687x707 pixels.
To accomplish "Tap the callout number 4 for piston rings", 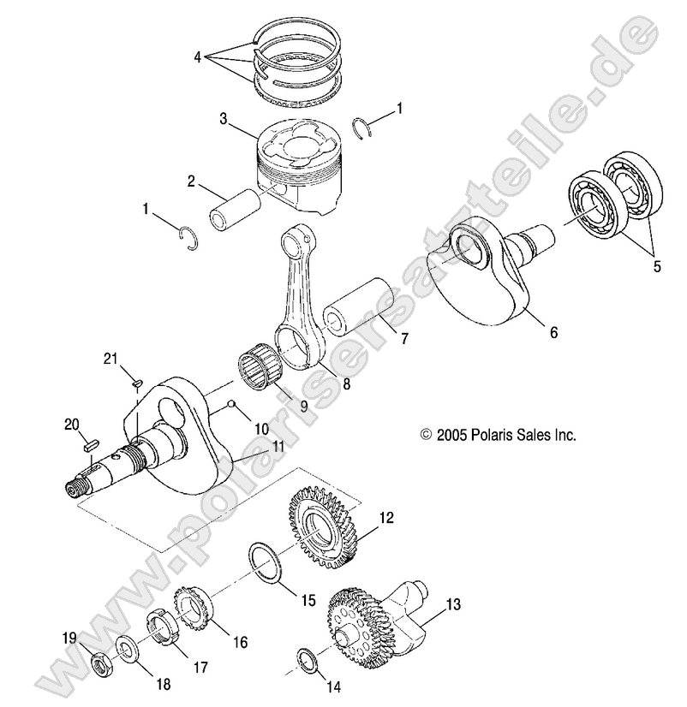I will coord(197,57).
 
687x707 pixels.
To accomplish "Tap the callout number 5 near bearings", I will coord(657,266).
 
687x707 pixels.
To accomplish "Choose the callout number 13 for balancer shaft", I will coord(453,604).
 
